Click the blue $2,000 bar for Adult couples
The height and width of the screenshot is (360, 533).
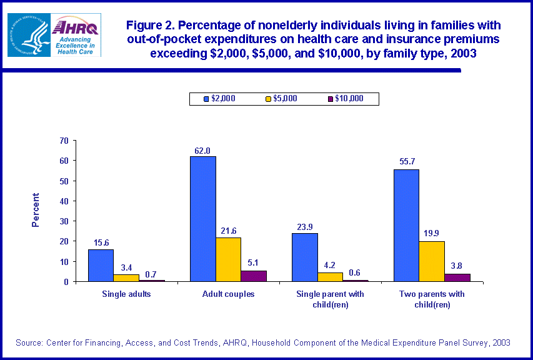point(203,219)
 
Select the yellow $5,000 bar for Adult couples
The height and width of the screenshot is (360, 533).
point(228,259)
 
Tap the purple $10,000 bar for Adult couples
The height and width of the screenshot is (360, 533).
point(254,276)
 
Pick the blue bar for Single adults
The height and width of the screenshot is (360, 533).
point(101,265)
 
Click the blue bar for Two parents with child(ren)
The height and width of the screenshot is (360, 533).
point(406,225)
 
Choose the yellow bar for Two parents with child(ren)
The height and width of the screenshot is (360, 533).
point(431,261)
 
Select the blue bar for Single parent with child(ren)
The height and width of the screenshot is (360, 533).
point(304,257)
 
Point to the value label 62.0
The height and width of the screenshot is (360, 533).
point(203,150)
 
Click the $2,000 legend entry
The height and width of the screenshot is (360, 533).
point(219,99)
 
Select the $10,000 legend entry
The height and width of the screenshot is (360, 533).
point(345,99)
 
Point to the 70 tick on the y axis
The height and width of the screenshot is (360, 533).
point(64,141)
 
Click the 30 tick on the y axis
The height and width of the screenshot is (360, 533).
point(64,221)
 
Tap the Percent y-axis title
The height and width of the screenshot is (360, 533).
point(36,210)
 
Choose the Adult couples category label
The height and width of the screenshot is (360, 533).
point(228,294)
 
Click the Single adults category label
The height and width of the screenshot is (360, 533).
point(126,294)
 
